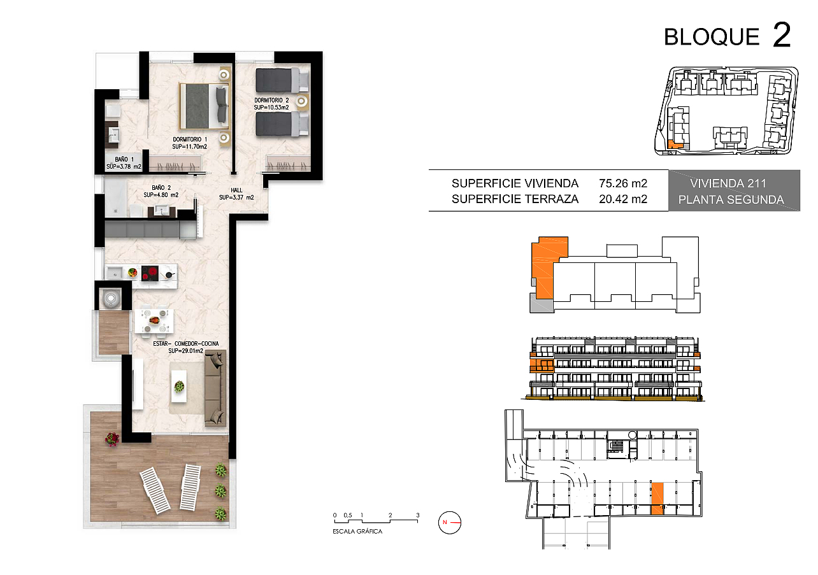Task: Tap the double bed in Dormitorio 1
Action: (x=204, y=106)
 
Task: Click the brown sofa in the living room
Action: (x=215, y=388)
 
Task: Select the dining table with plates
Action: (x=154, y=321)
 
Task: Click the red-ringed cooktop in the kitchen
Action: (x=150, y=273)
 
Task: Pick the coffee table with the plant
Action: (x=179, y=387)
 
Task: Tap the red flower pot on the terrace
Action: (x=112, y=439)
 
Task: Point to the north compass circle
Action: (x=450, y=522)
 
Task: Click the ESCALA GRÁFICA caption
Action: (x=357, y=532)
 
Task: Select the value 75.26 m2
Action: (x=623, y=183)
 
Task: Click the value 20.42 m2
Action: (x=623, y=199)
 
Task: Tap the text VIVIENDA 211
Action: (x=728, y=183)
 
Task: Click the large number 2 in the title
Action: (x=782, y=34)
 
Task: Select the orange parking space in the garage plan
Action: (x=657, y=499)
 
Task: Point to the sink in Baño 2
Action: (x=161, y=211)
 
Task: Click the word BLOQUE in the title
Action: (x=712, y=37)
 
